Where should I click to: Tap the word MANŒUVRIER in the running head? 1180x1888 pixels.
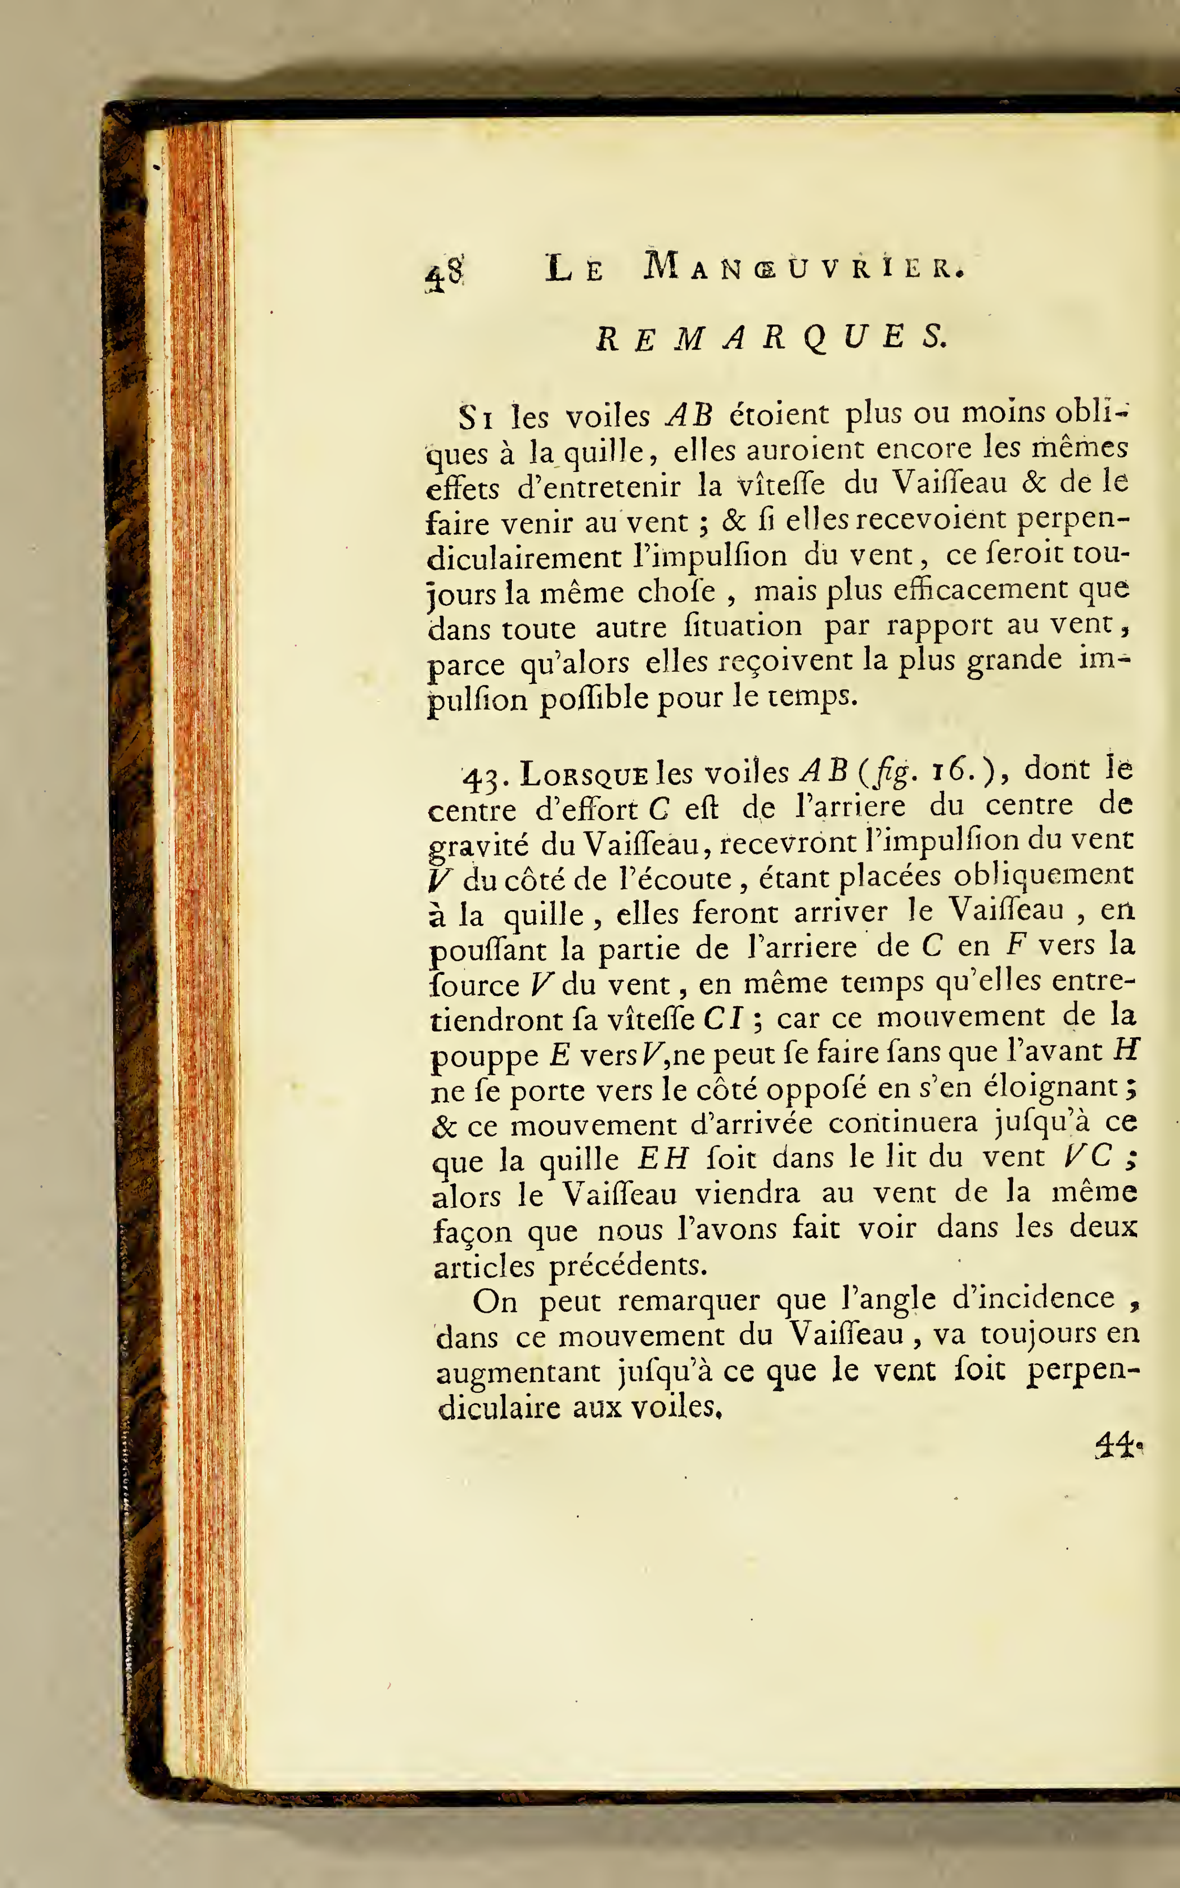point(804,268)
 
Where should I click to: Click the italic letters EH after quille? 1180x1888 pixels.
point(663,1158)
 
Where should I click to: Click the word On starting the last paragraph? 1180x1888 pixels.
point(495,1301)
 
